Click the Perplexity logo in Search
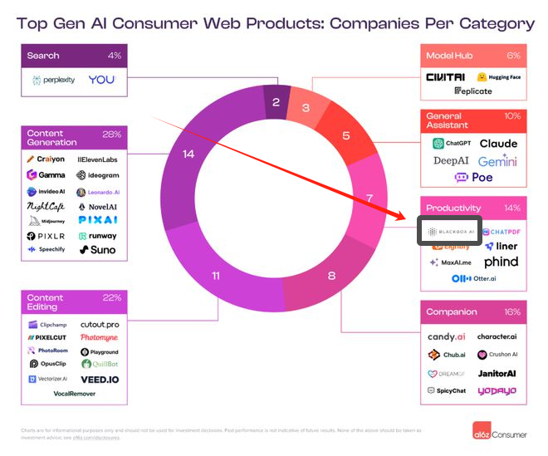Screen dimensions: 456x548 [54, 81]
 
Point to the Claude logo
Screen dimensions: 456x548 [498, 143]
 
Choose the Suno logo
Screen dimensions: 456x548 [98, 249]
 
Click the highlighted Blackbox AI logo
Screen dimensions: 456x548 [448, 231]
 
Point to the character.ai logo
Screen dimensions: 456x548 [497, 336]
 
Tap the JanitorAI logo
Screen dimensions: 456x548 [497, 373]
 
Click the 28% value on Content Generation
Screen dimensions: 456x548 [111, 134]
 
